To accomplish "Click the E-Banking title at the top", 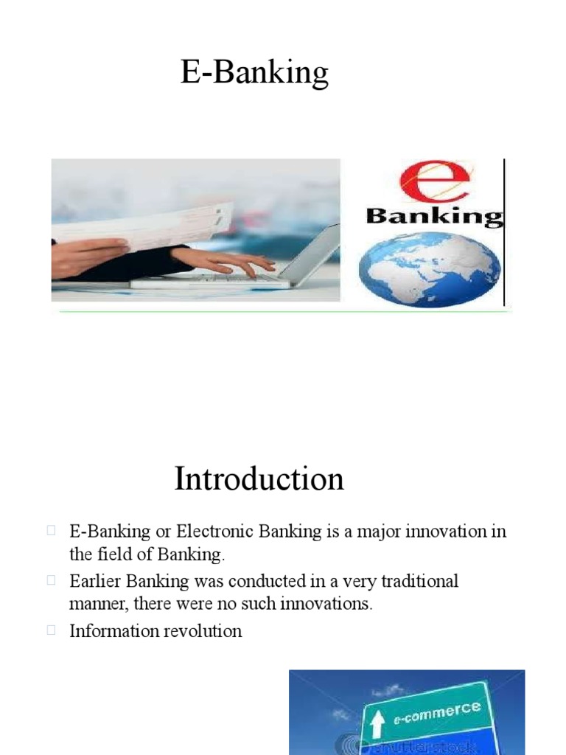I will coord(254,74).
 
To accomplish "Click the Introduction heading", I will coord(259,479).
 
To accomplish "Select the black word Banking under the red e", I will coord(434,216).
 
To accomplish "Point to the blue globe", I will coord(429,268).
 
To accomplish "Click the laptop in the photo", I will coord(295,262).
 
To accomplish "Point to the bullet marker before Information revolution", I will coord(52,630).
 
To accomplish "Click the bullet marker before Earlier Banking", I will coord(52,580).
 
